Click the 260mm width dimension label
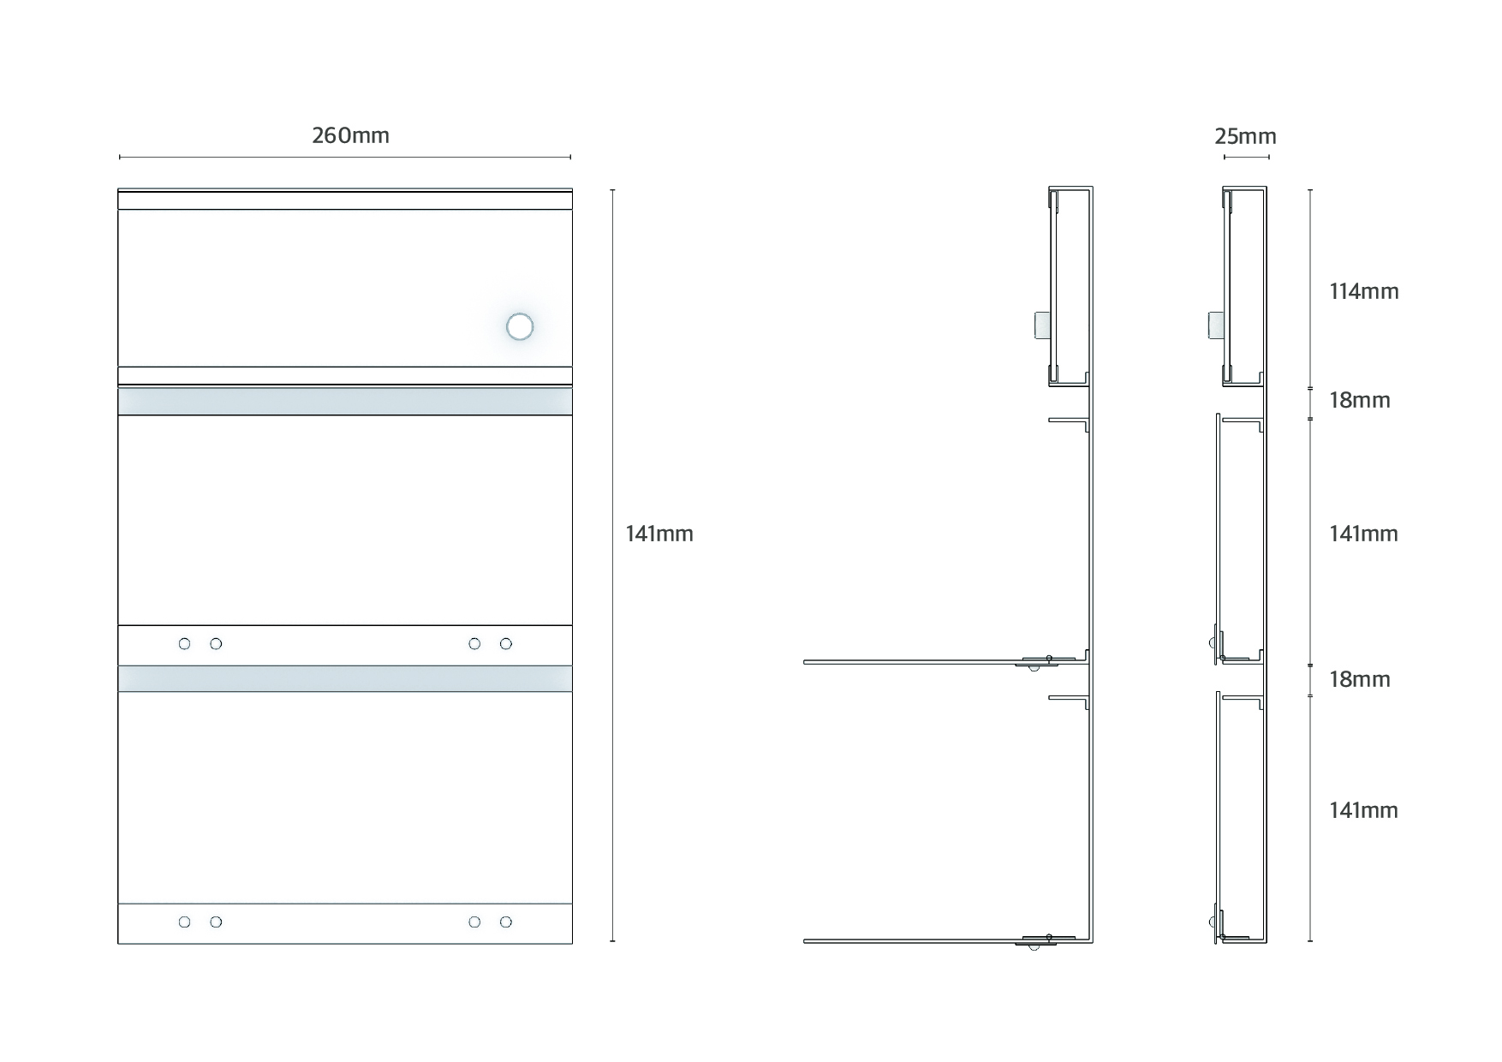[350, 135]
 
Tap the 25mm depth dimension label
[1245, 136]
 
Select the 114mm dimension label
[1364, 291]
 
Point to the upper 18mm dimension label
[1360, 400]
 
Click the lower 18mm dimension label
[1360, 679]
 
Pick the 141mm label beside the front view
[659, 534]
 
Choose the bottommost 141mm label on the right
[1363, 810]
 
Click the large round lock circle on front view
[520, 326]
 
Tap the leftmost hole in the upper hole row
[184, 644]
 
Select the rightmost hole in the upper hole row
[506, 644]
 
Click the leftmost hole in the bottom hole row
[184, 922]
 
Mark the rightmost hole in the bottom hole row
[506, 922]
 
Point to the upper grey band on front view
[345, 401]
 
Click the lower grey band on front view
[345, 678]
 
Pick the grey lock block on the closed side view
[1215, 325]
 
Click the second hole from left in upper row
[216, 644]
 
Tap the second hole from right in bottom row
[474, 922]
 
